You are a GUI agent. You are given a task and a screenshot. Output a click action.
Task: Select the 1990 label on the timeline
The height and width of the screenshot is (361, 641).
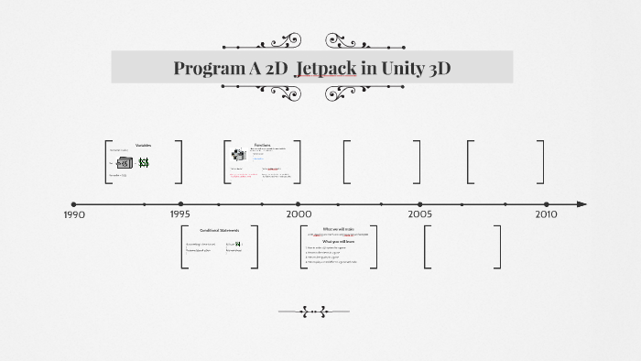[x=74, y=214]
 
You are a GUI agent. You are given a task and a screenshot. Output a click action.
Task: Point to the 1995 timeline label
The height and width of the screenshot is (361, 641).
[x=180, y=213]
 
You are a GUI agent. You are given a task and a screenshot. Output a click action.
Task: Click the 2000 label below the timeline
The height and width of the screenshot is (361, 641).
[x=299, y=213]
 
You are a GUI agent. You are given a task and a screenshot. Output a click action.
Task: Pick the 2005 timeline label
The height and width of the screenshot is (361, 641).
[x=420, y=213]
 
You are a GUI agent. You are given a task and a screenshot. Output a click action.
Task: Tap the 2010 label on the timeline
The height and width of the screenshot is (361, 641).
[x=546, y=213]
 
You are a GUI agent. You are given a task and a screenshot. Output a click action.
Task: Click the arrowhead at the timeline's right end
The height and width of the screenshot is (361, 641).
[x=581, y=204]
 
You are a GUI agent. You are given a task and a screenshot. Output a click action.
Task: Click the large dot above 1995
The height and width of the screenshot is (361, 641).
[x=180, y=204]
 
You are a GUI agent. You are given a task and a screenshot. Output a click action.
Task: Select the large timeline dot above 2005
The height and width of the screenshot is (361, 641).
[x=420, y=204]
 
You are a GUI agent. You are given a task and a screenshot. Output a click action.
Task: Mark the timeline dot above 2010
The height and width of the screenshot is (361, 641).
[x=546, y=204]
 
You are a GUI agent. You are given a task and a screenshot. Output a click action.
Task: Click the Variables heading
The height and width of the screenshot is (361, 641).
[x=143, y=146]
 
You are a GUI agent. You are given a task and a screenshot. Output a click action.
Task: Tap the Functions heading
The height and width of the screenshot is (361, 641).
[x=262, y=144]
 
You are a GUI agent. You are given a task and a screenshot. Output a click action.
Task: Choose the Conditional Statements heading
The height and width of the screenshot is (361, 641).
[x=219, y=231]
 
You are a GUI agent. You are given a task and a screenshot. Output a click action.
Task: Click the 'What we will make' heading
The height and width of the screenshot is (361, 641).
[x=339, y=228]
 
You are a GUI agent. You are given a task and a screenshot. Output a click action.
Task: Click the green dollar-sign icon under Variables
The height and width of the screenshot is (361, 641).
[x=144, y=162]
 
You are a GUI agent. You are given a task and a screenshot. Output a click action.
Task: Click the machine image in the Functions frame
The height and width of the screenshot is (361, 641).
[x=237, y=154]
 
